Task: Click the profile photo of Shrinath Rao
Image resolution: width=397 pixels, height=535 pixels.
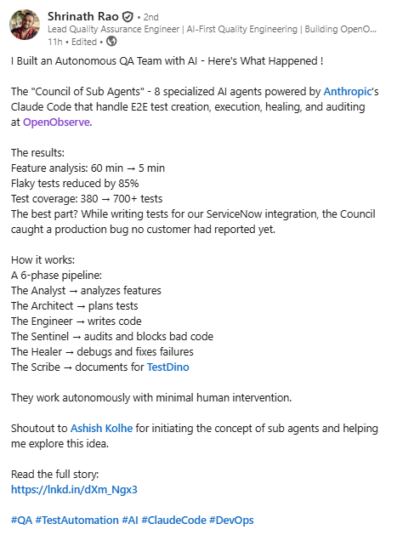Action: coord(25,24)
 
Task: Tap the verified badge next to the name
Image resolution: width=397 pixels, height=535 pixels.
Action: coord(128,15)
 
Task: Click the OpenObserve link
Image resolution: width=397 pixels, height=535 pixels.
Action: coord(57,122)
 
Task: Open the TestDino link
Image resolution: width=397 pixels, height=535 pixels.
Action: coord(168,367)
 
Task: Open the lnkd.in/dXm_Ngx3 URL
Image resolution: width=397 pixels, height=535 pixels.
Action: coord(74,489)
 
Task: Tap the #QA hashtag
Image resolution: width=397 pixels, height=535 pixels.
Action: coord(23,520)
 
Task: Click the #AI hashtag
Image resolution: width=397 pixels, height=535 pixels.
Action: coord(130,520)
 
